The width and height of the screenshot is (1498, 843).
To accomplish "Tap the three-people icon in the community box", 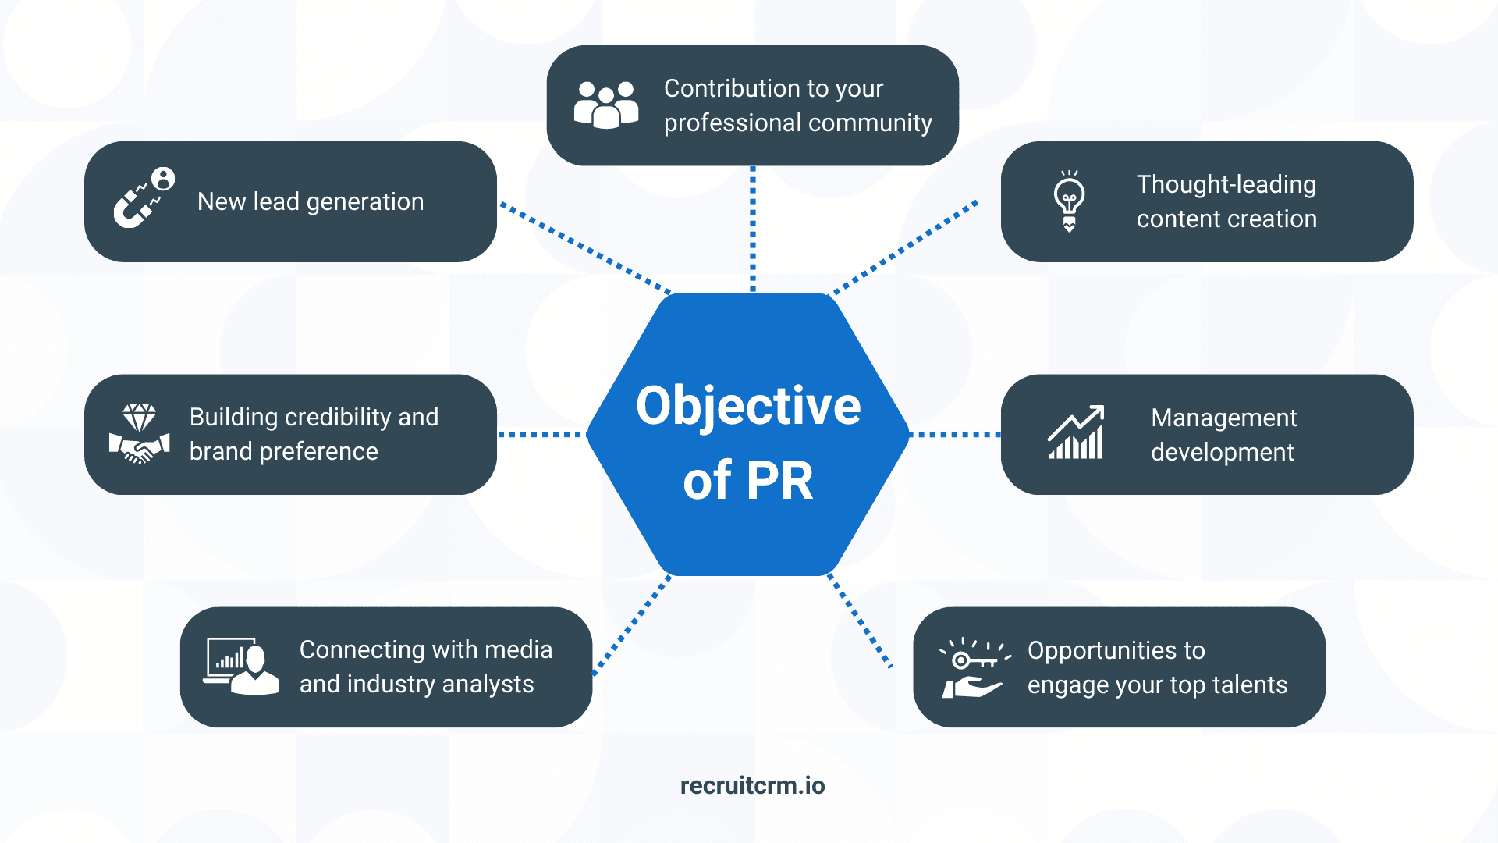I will pos(605,105).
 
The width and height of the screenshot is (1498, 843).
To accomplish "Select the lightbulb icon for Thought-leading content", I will pos(1069,200).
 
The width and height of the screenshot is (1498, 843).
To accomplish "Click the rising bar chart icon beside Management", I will pos(1076,432).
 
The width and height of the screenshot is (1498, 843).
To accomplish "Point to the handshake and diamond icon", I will pos(139,434).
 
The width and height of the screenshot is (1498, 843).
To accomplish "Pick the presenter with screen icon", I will pos(241,666).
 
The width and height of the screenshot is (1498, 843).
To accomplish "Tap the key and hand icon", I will pos(974,667).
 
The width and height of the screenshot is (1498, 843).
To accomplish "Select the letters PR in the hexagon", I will pos(779,480).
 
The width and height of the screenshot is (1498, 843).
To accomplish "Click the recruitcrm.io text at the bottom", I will pos(752,785).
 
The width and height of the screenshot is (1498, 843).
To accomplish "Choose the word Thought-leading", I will pos(1226,184).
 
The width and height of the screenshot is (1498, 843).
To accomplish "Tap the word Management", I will pos(1223,418).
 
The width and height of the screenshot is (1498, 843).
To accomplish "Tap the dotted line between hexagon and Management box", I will pos(955,434).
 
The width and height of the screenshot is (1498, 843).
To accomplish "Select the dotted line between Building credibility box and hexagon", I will pos(542,434).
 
